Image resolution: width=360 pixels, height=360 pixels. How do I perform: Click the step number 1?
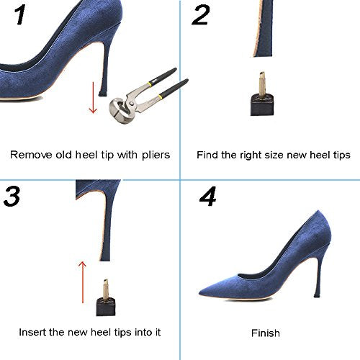[x=20, y=15]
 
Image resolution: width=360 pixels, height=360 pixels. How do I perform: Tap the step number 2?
[x=201, y=15]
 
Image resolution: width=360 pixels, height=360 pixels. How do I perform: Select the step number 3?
[x=12, y=197]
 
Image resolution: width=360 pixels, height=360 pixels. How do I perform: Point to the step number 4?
[x=208, y=197]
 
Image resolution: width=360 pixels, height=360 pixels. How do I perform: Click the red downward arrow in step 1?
[x=93, y=97]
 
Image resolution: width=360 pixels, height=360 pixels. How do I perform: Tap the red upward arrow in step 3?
[x=82, y=282]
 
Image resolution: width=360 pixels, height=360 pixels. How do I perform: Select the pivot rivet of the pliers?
[x=132, y=104]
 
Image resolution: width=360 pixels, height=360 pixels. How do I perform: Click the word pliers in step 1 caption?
[x=156, y=156]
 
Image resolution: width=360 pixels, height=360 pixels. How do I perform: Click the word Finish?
[x=266, y=333]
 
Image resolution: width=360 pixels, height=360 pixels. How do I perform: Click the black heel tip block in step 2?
[x=262, y=105]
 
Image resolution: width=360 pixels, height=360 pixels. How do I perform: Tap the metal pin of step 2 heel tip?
[x=261, y=83]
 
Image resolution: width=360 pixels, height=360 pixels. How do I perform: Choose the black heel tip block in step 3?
[x=106, y=307]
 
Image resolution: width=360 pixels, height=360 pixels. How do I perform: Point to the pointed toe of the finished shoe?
[x=199, y=293]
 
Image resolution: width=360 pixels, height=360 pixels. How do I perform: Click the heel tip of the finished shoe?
[x=317, y=295]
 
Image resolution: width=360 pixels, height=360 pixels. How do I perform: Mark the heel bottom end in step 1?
[x=102, y=94]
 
